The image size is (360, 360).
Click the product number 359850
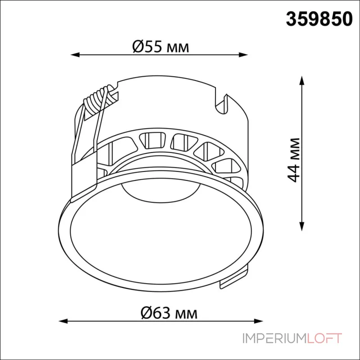[x=319, y=19]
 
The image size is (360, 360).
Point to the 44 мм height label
[x=293, y=160]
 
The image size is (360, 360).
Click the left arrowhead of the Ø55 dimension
[x=75, y=55]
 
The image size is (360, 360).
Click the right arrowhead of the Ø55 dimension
[x=243, y=55]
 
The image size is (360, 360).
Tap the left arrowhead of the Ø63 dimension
[x=63, y=321]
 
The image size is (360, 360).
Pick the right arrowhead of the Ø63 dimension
[x=258, y=321]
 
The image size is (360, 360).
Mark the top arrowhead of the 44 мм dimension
[x=302, y=81]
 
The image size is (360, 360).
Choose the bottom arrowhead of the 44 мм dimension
[x=302, y=226]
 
